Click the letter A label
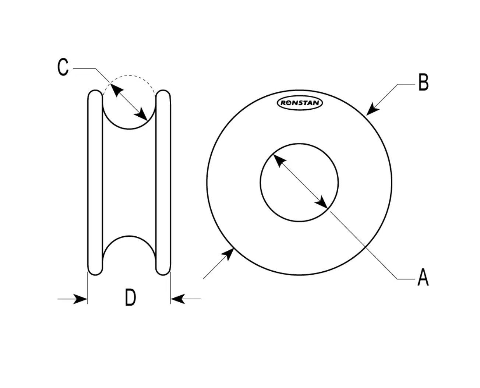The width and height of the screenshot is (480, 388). (423, 277)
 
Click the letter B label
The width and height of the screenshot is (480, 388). (423, 82)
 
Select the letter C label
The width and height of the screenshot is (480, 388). (63, 67)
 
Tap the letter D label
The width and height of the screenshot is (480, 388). (130, 297)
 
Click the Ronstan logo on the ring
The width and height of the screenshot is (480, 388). (300, 103)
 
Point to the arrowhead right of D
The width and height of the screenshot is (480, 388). (178, 299)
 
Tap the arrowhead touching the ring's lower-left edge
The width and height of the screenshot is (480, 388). (228, 255)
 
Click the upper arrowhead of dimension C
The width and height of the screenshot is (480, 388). (117, 90)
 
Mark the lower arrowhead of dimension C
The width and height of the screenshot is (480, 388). (141, 114)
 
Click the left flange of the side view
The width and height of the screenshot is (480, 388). (95, 183)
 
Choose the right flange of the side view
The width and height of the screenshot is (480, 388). (163, 183)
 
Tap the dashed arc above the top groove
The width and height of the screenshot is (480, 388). (129, 75)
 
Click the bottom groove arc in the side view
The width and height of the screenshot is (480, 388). (129, 236)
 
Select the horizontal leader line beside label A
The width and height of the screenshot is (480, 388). (406, 279)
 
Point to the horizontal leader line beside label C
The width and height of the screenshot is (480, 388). (84, 68)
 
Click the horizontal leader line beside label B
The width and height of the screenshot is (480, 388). (406, 84)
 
